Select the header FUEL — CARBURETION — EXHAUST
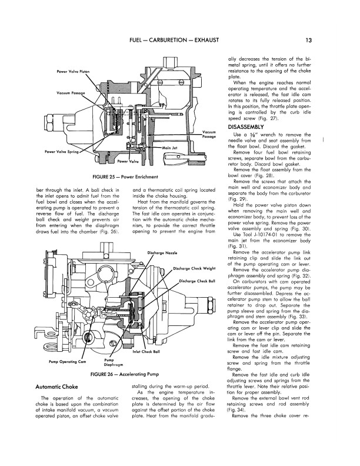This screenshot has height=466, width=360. tap(174, 40)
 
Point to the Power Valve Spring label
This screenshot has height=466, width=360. tap(62, 152)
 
